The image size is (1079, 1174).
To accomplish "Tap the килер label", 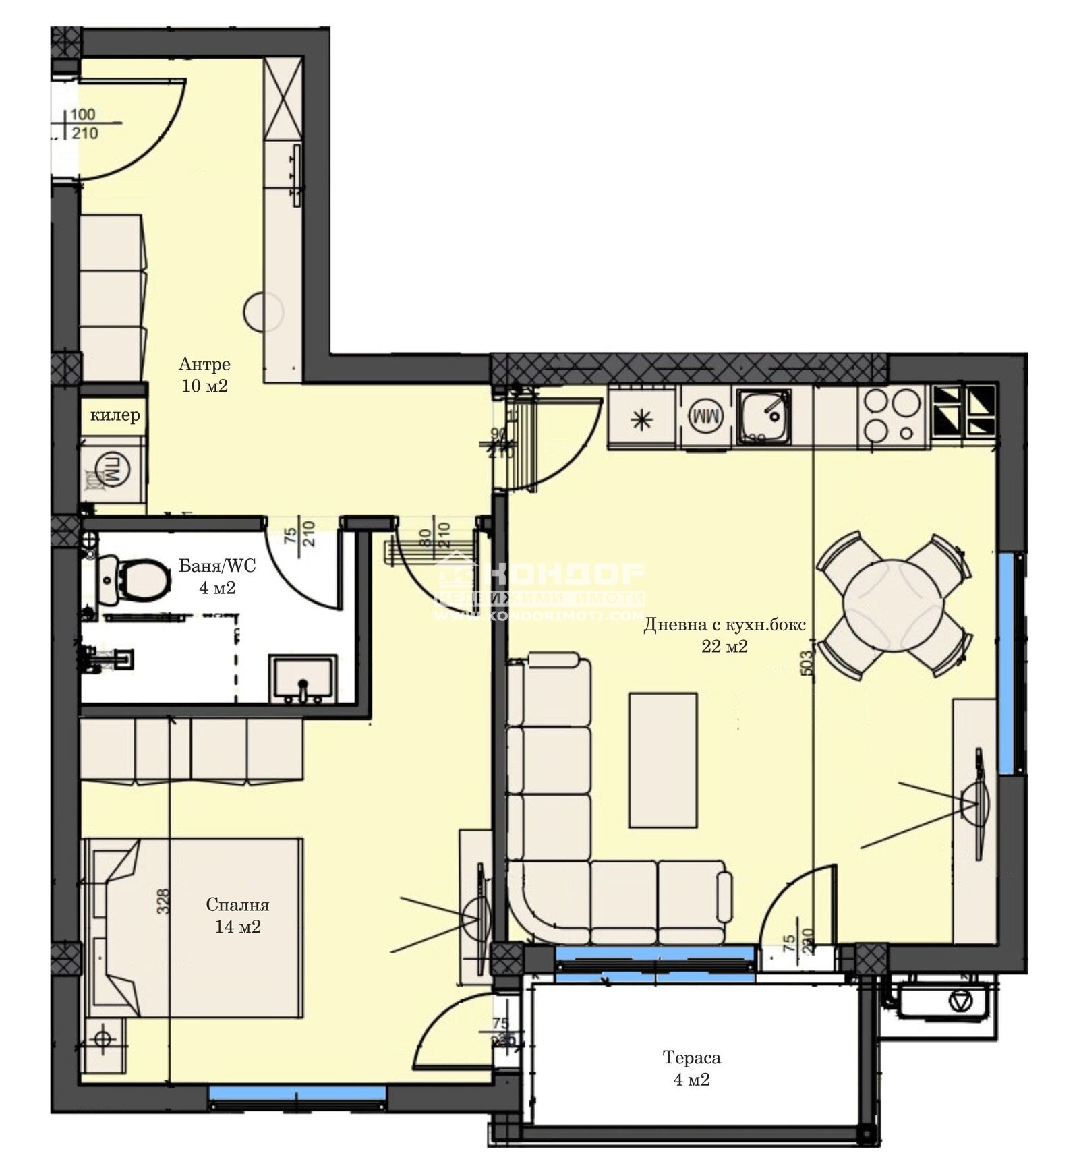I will [115, 415].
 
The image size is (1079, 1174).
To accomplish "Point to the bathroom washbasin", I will [302, 679].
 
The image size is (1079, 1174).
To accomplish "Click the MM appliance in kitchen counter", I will [705, 417].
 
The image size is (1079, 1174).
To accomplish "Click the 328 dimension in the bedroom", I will [163, 901].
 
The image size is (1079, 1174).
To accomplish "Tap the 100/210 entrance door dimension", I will [84, 124].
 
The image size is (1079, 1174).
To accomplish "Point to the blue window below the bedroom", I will [297, 1091].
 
